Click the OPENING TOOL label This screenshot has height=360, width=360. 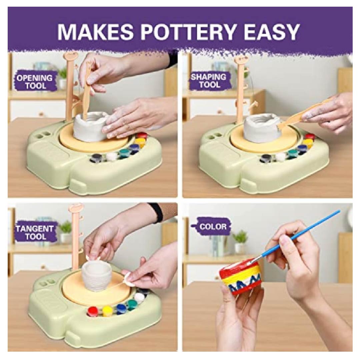(34, 82)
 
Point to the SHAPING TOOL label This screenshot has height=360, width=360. (208, 81)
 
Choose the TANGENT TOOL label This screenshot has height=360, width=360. (35, 232)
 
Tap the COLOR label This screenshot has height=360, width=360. (213, 227)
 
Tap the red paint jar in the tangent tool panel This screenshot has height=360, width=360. (93, 311)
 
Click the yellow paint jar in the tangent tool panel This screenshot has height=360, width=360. (107, 311)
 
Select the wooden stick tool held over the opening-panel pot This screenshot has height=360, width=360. (87, 92)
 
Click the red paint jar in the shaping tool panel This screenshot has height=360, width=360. (309, 136)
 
